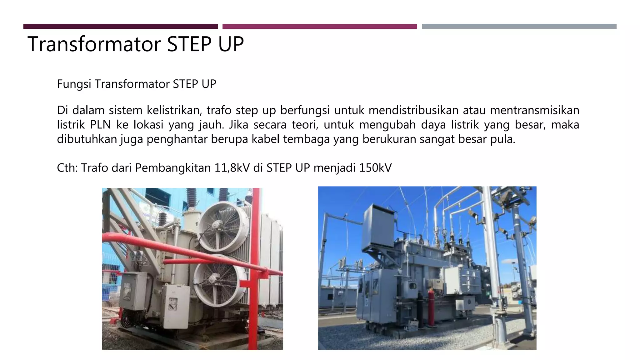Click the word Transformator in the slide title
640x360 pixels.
pos(94,44)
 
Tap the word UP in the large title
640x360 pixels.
pos(231,44)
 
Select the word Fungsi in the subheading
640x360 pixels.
pos(74,84)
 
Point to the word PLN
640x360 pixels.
pos(100,125)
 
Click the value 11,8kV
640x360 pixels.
pos(232,168)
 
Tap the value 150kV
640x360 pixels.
pos(375,168)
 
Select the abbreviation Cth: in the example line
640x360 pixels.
pos(67,168)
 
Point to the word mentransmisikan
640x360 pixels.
pos(534,110)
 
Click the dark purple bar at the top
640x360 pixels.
pos(120,27)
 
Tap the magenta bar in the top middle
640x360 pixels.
pos(319,27)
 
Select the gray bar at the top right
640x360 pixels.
pos(519,27)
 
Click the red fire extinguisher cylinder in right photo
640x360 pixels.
pos(431,308)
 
